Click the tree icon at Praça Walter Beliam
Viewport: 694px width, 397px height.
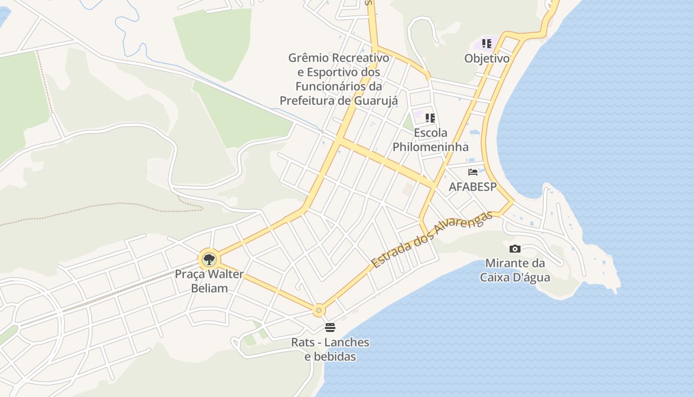click(209, 259)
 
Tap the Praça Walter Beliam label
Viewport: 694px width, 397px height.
click(209, 281)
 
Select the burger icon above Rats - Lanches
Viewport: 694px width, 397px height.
click(330, 327)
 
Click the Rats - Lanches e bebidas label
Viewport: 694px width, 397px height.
click(330, 349)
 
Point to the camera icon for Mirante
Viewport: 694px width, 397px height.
click(515, 249)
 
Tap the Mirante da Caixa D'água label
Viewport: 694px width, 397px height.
click(515, 270)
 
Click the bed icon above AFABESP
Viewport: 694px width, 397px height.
click(473, 172)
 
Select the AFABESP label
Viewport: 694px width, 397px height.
click(472, 187)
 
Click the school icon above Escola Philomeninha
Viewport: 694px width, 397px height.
click(430, 118)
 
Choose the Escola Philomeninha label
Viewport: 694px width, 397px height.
click(430, 140)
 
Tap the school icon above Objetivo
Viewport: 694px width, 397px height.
click(487, 44)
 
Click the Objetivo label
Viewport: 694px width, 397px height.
click(487, 58)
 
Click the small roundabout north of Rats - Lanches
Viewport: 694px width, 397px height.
click(319, 310)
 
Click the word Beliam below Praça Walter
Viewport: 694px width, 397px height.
click(209, 288)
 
